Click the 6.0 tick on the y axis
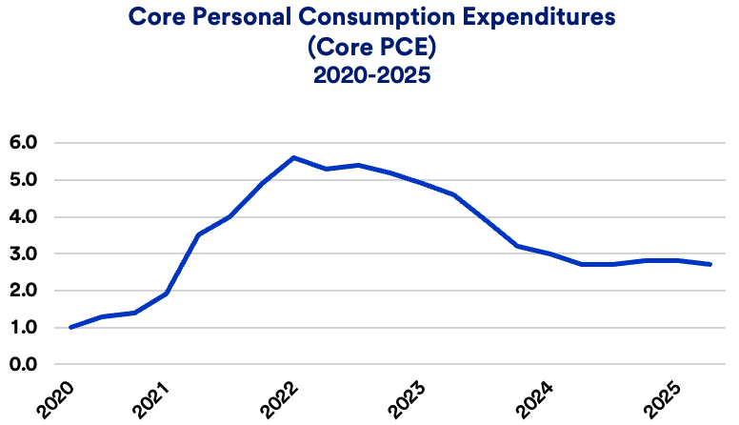point(22,143)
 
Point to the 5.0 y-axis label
point(22,180)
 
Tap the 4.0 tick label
point(22,217)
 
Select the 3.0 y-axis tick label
point(22,254)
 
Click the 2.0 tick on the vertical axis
point(22,291)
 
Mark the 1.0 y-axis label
point(22,328)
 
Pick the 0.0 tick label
point(22,365)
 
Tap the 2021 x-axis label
point(156,399)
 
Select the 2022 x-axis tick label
point(282,399)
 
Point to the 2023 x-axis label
point(409,399)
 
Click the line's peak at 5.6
point(293,157)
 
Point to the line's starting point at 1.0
point(70,328)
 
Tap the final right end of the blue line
point(710,264)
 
